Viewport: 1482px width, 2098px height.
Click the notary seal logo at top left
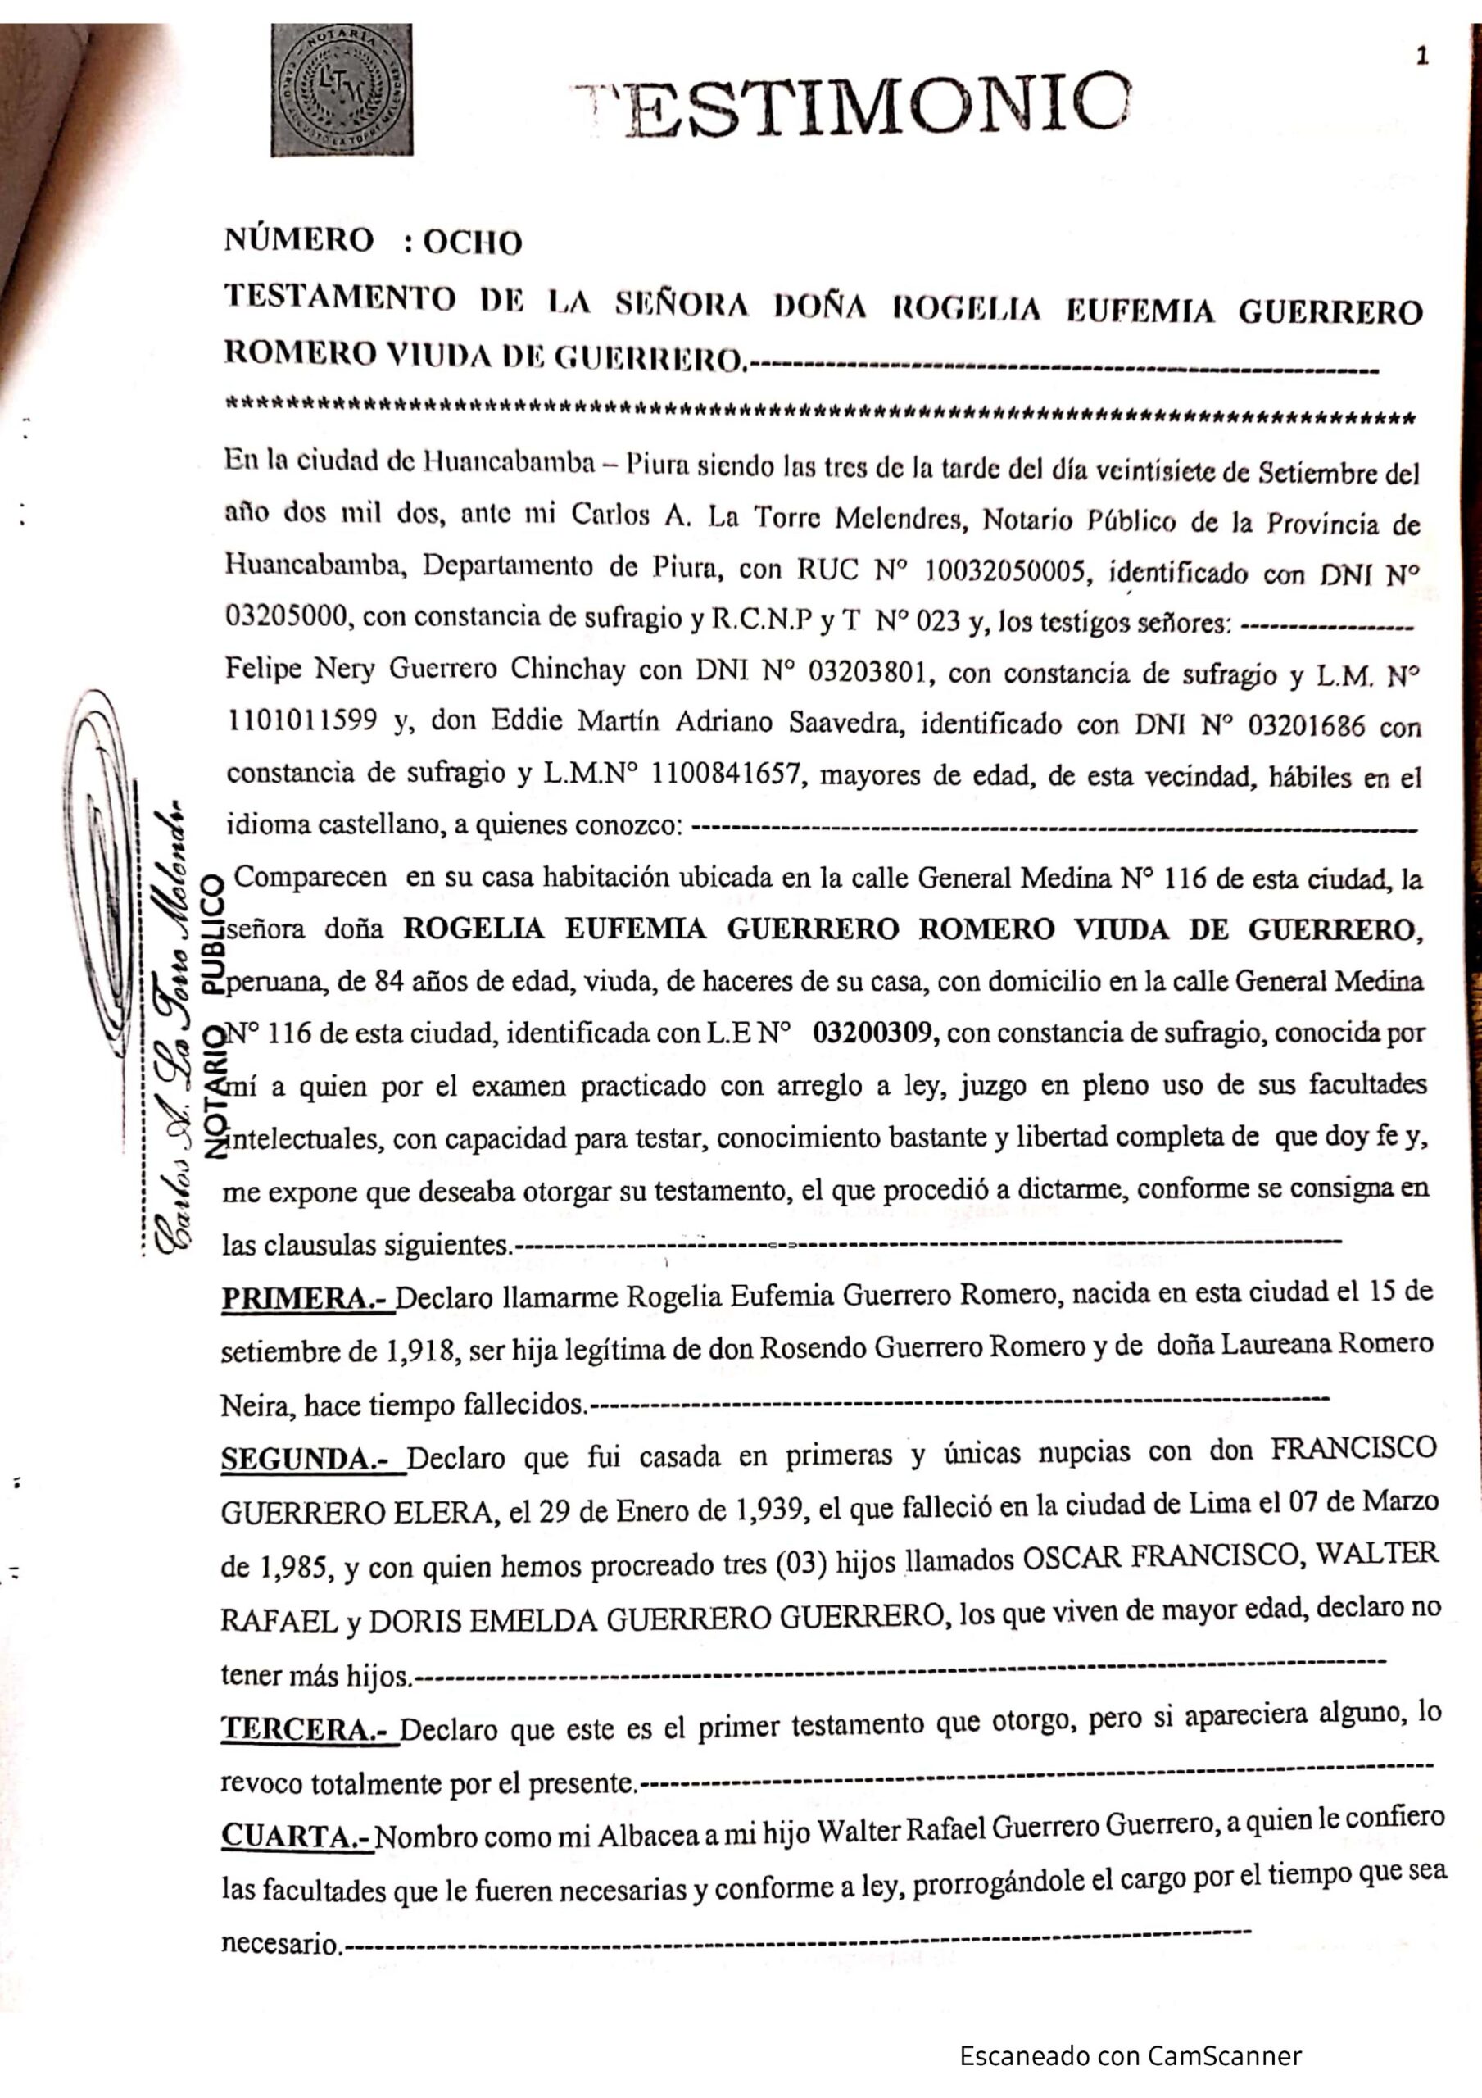point(341,89)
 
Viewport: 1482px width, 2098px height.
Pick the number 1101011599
point(301,721)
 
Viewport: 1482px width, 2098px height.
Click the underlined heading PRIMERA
point(306,1298)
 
